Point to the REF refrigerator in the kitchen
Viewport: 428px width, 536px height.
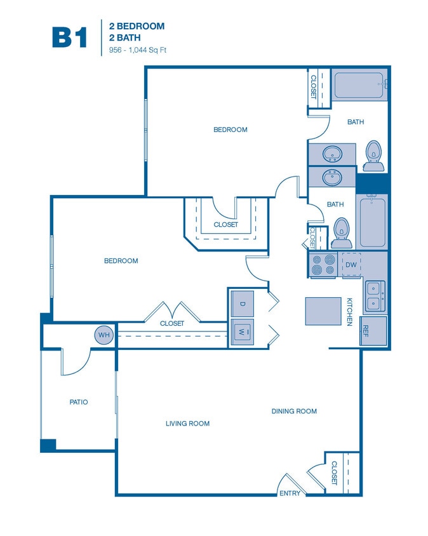pos(366,330)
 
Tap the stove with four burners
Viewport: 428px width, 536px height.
pos(323,264)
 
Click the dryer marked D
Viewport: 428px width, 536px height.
pos(242,303)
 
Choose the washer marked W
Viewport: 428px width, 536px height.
pos(242,332)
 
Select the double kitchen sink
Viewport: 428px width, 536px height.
pos(374,297)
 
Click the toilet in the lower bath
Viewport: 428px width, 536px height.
pos(342,232)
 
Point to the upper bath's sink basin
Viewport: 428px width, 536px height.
pos(331,153)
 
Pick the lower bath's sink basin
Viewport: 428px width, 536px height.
pos(331,177)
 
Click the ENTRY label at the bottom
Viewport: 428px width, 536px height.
pos(289,493)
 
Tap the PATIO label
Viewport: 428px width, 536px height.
pos(79,402)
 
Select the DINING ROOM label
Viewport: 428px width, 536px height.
pos(294,411)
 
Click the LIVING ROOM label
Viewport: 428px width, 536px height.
pos(187,424)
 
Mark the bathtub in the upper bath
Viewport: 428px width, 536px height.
pos(359,85)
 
